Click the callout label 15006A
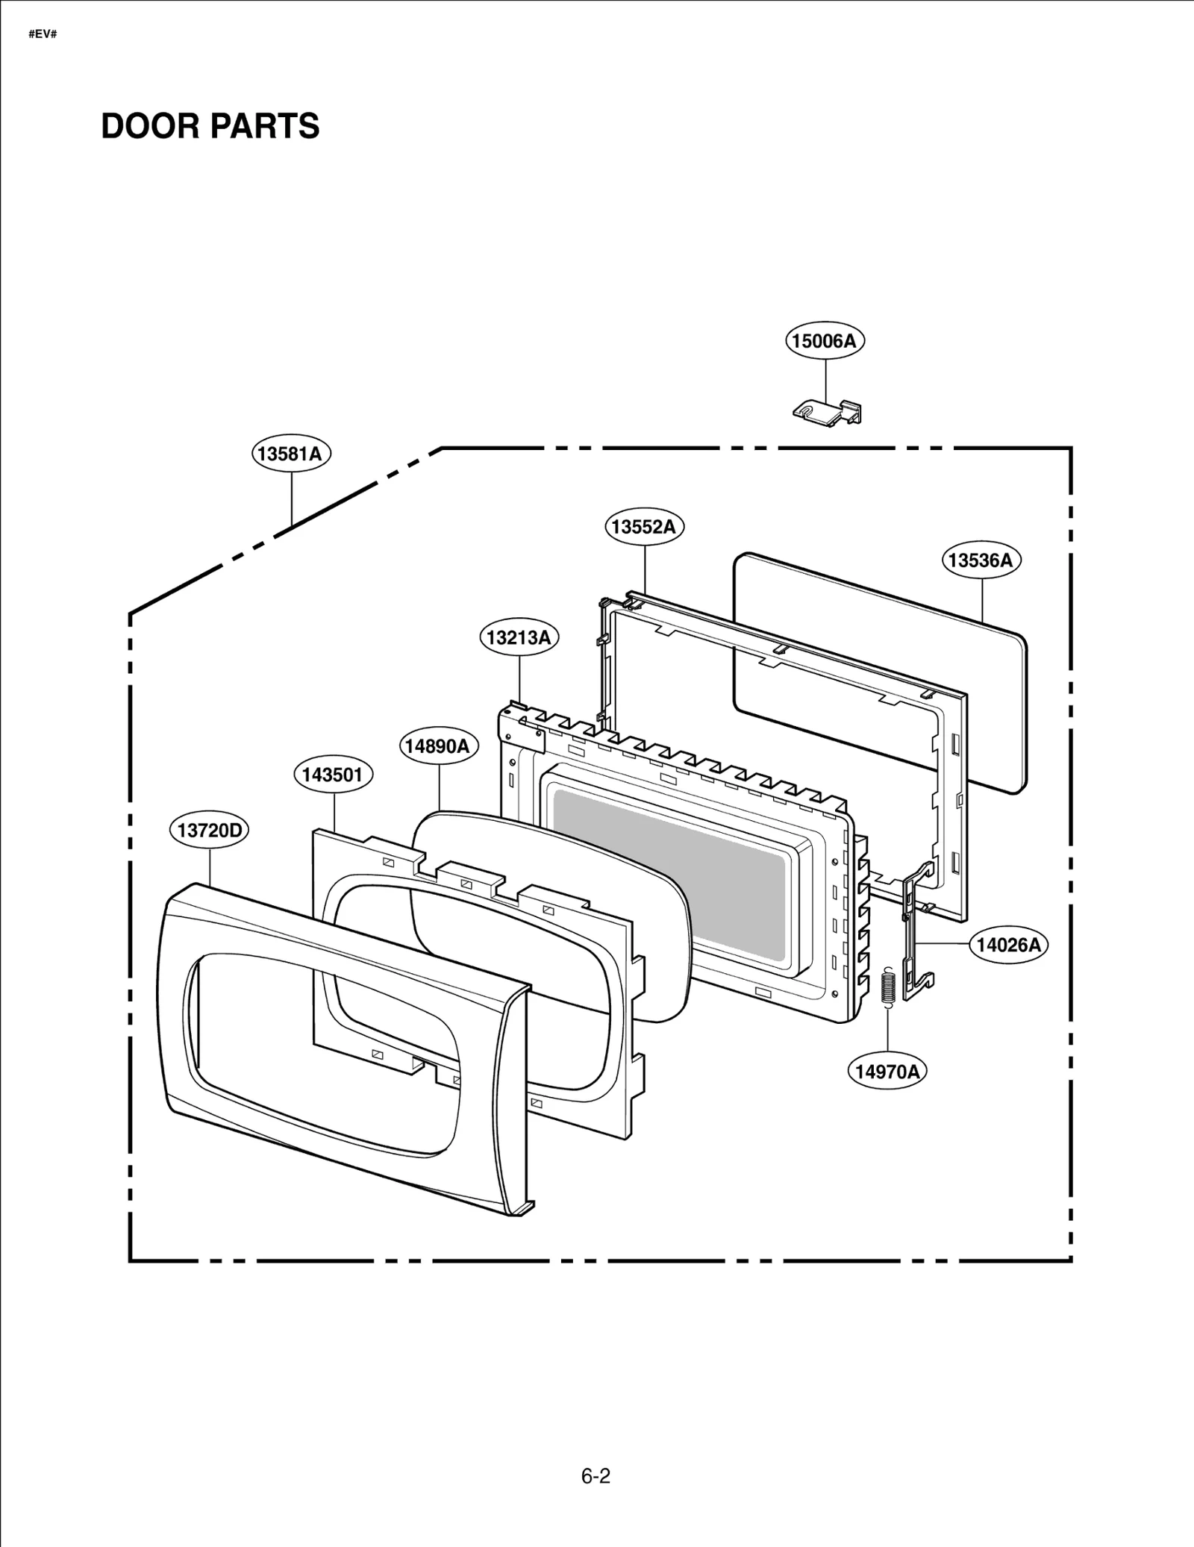pos(824,341)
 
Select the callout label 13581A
pos(290,454)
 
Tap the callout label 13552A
pos(643,527)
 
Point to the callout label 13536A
pos(981,560)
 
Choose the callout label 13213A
pos(519,637)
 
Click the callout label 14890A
pos(438,746)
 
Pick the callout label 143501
pos(332,775)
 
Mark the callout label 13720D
pos(209,830)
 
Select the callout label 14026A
pos(1008,945)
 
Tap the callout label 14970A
pos(887,1072)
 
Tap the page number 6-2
pos(596,1476)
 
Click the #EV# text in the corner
pos(43,34)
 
